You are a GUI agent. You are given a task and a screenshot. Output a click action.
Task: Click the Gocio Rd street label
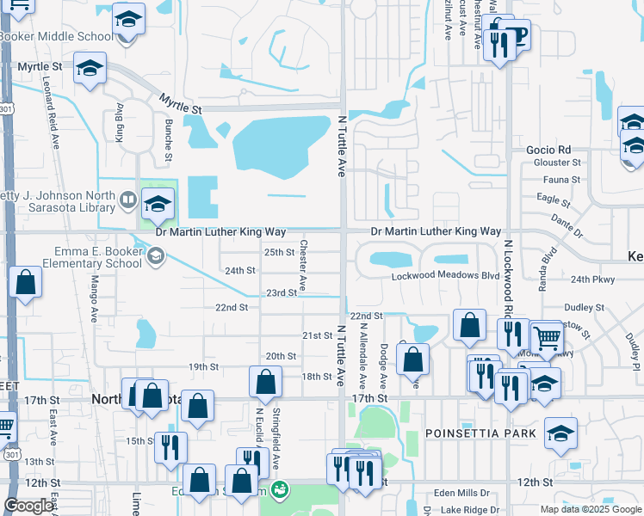(x=548, y=150)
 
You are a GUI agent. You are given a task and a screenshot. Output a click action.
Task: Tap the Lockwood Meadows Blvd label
(x=445, y=277)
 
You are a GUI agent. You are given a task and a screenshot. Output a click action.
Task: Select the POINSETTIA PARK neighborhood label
(x=480, y=433)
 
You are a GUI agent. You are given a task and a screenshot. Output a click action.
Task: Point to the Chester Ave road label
(x=303, y=264)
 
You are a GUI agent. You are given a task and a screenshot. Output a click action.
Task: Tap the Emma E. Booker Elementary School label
(x=97, y=256)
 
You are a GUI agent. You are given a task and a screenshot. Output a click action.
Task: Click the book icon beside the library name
(x=127, y=200)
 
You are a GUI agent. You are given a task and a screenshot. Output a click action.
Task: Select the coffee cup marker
(x=517, y=35)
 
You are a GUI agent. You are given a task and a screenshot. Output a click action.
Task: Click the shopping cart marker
(x=547, y=338)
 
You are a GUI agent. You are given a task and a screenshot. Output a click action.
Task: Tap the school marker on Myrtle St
(x=90, y=69)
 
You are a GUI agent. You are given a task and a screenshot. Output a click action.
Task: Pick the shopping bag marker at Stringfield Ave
(x=265, y=381)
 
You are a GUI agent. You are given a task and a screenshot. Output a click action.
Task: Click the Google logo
(x=28, y=506)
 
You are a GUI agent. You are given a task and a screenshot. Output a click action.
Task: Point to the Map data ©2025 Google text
(x=591, y=509)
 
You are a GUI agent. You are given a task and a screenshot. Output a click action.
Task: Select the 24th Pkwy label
(x=592, y=279)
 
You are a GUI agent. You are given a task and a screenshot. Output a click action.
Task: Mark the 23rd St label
(x=281, y=292)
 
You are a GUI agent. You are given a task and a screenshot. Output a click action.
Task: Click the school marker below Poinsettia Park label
(x=560, y=433)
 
